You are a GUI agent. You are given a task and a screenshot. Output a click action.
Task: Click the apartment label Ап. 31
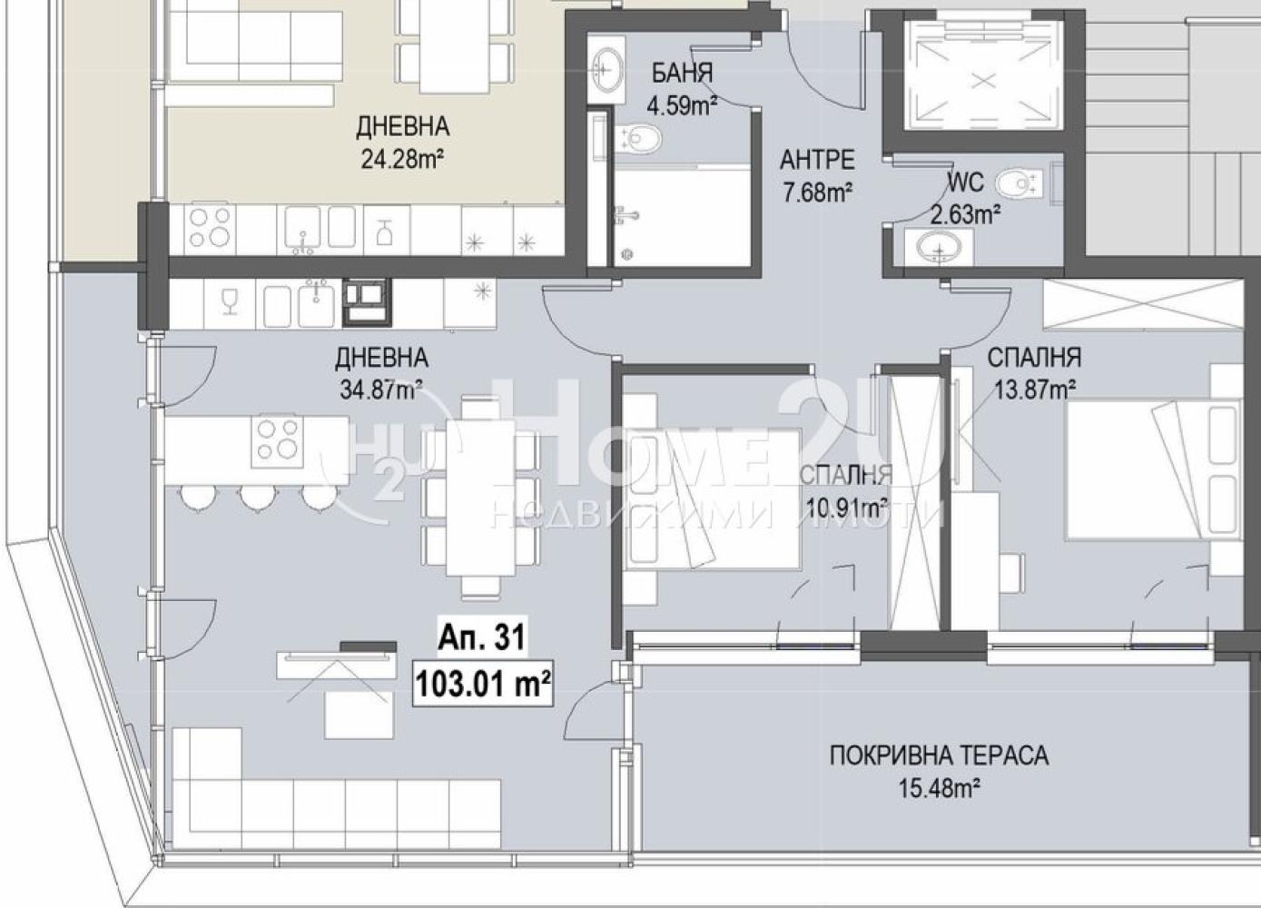(x=482, y=637)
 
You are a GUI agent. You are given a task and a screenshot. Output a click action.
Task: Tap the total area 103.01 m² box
(x=483, y=684)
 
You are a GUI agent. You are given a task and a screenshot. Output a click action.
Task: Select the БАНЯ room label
(x=682, y=74)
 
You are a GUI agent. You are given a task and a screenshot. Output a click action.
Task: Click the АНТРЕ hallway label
(x=817, y=161)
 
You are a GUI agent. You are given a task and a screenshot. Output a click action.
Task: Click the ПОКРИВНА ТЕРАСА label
(x=939, y=755)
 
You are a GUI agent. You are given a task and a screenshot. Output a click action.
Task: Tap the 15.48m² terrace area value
(x=939, y=788)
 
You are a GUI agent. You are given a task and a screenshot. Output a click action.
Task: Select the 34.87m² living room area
(x=381, y=389)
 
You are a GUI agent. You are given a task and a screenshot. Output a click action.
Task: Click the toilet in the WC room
(x=1019, y=183)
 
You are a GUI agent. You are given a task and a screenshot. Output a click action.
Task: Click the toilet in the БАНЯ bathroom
(x=639, y=139)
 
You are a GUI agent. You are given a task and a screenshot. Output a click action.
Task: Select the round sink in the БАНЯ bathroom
(x=606, y=70)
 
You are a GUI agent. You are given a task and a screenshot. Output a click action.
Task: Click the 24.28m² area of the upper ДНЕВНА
(x=402, y=160)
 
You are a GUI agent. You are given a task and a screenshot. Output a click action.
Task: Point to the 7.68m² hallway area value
(x=817, y=192)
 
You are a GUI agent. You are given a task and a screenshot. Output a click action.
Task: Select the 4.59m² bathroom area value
(x=682, y=105)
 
